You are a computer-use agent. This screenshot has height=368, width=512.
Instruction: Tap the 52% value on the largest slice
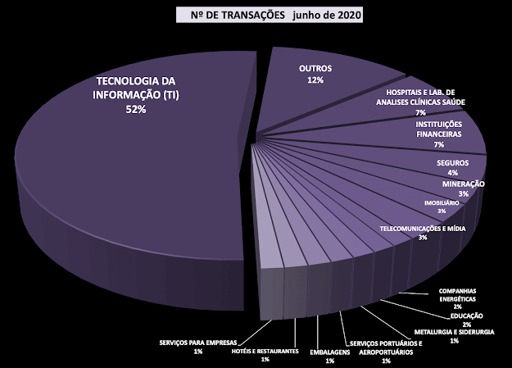pos(136,111)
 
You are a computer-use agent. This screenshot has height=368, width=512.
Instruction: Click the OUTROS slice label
pos(315,69)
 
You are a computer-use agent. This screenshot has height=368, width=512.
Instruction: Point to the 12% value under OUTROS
pos(315,80)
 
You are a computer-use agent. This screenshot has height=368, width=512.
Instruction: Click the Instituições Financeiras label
pos(439,128)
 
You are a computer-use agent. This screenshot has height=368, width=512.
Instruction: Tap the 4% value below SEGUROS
pos(452,174)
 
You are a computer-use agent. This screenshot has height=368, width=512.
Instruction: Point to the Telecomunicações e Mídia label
pos(423,229)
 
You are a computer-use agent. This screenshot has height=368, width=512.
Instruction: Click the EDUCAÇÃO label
pos(466,316)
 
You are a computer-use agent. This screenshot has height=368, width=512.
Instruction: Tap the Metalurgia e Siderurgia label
pos(454,332)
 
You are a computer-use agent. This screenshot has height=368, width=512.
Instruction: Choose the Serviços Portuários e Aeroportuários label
pos(385,348)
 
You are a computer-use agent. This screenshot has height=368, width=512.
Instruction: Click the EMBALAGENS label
pos(328,351)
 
